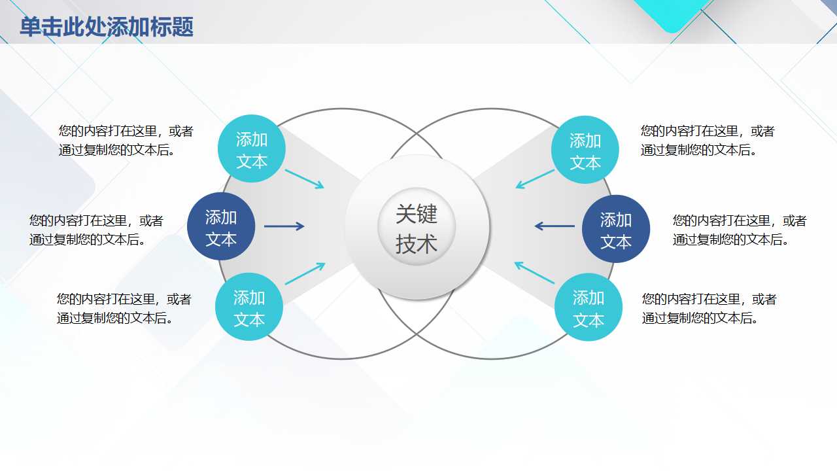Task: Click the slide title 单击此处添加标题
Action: pyautogui.click(x=107, y=27)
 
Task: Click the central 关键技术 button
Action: pyautogui.click(x=417, y=227)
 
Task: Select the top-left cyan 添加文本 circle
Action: pyautogui.click(x=252, y=149)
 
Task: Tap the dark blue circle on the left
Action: pyautogui.click(x=221, y=227)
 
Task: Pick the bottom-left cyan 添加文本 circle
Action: pyautogui.click(x=249, y=307)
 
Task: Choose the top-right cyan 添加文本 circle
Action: pyautogui.click(x=585, y=150)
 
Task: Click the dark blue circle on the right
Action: pyautogui.click(x=616, y=230)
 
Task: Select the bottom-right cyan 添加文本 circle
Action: pyautogui.click(x=589, y=308)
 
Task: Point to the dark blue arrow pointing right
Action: pyautogui.click(x=284, y=226)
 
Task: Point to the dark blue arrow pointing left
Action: pyautogui.click(x=555, y=226)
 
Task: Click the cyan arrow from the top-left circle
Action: pyautogui.click(x=305, y=179)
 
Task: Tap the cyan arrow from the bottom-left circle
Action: pyautogui.click(x=305, y=273)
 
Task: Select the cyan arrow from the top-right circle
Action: pyautogui.click(x=535, y=179)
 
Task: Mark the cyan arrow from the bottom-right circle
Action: pyautogui.click(x=534, y=272)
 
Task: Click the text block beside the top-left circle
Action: pyautogui.click(x=126, y=141)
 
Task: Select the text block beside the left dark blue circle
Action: pyautogui.click(x=96, y=230)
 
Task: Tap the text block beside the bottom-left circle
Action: pyautogui.click(x=124, y=309)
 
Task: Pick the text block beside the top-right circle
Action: pyautogui.click(x=708, y=141)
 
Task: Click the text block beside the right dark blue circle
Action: pyautogui.click(x=740, y=230)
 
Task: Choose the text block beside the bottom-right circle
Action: pyautogui.click(x=709, y=309)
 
